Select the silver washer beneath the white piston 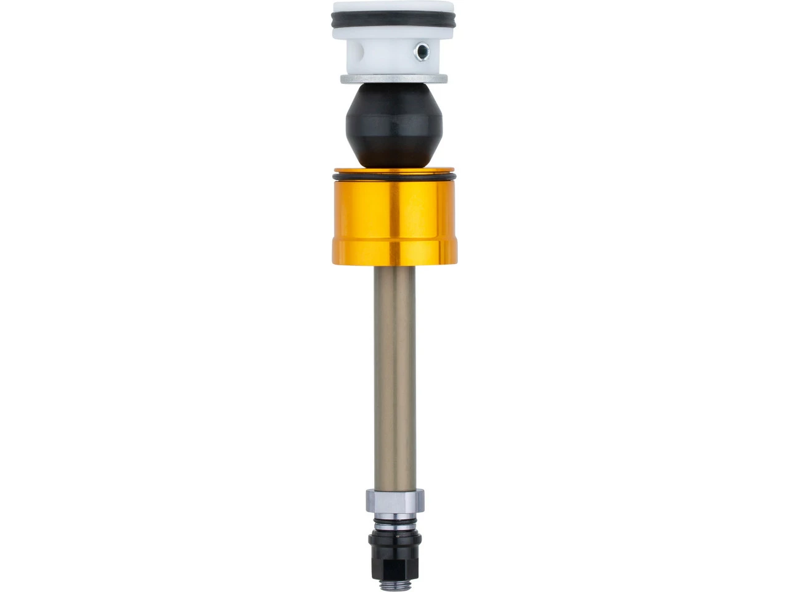[x=394, y=79]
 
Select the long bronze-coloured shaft [x=394, y=370]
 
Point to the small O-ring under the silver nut [x=394, y=521]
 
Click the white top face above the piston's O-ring [x=394, y=9]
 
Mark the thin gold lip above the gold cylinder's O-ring [x=394, y=171]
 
